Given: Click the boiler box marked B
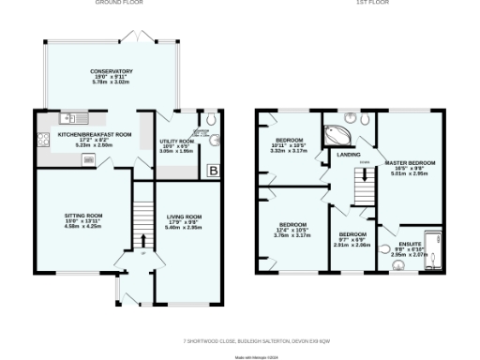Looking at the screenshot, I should [213, 170].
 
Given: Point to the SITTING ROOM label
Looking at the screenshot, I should [82, 215].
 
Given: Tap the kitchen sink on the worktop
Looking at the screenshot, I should [71, 118].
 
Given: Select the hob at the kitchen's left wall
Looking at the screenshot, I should [43, 141].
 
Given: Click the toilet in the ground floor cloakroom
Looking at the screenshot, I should [212, 121].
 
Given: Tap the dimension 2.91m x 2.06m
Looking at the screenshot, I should [353, 245].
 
